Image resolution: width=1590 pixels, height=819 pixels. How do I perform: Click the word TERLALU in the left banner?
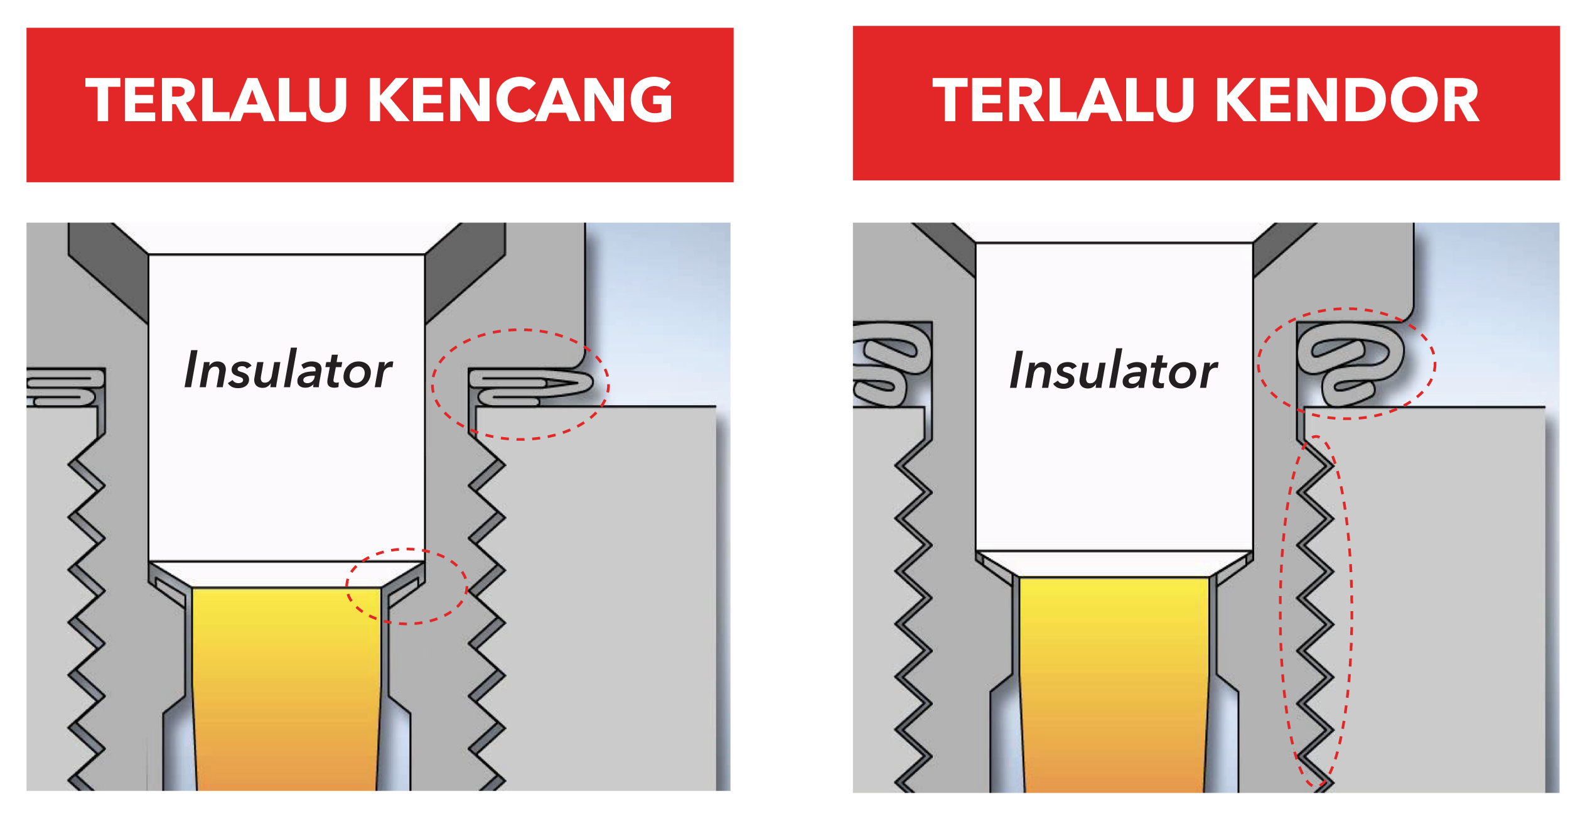(216, 100)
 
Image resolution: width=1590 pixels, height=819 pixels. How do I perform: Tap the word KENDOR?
(1348, 100)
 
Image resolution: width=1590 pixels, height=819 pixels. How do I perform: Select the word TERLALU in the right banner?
(1063, 100)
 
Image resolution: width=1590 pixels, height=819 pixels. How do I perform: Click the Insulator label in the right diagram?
(1114, 370)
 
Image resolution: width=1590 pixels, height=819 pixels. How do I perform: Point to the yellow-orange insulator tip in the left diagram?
(286, 688)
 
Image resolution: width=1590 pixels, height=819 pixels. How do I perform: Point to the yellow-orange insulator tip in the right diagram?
(1114, 685)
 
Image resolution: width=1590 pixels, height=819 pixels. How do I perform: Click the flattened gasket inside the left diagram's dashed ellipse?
(531, 388)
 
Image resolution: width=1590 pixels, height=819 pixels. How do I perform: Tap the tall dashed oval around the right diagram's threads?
(1316, 611)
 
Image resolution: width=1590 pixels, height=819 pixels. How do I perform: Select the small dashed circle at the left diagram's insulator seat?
(407, 586)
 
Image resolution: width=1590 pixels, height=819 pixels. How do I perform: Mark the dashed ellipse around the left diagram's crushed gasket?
(520, 384)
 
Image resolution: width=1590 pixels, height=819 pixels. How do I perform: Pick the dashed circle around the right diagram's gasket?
(1347, 364)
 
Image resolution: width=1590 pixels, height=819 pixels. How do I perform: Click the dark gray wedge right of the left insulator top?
(465, 273)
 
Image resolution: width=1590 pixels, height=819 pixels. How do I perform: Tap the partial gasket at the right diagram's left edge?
(892, 364)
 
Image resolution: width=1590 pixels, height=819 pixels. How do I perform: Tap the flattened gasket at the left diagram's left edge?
(65, 388)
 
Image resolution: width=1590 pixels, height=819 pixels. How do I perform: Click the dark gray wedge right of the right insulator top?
(1284, 249)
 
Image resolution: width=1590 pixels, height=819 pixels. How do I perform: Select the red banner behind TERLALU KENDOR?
(1206, 103)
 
